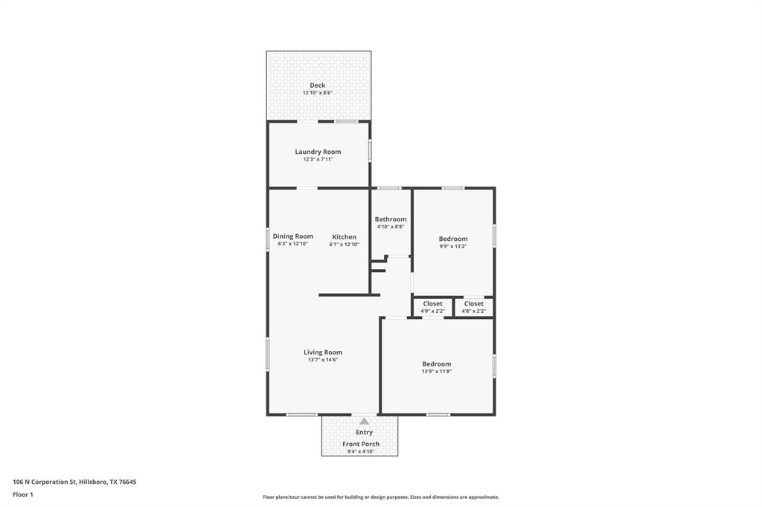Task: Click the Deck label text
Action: point(318,85)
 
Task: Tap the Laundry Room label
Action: point(318,152)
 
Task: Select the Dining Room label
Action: point(292,236)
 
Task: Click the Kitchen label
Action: point(344,237)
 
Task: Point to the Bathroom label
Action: point(391,219)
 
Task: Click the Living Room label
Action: point(323,352)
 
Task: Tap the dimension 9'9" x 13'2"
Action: point(453,247)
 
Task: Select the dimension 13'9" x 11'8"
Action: point(437,372)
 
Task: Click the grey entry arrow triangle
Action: point(364,422)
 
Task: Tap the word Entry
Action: point(364,433)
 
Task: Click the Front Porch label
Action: point(361,444)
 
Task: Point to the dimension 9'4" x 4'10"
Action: point(361,451)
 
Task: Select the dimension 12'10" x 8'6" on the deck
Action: point(318,93)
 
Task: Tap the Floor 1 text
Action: point(23,494)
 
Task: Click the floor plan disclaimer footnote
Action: point(380,497)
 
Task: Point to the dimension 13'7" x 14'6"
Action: point(323,360)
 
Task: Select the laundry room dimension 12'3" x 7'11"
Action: point(318,159)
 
